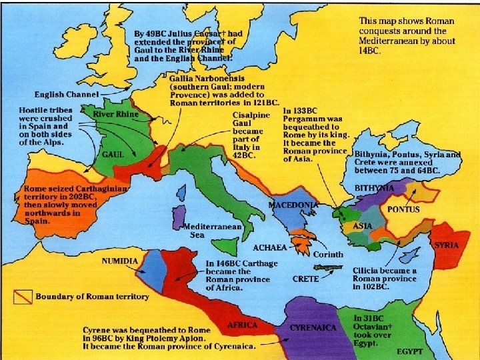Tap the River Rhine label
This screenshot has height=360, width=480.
[116, 115]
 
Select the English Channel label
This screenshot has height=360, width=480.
[65, 94]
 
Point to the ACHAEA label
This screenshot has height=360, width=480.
[270, 247]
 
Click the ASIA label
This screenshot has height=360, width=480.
[362, 226]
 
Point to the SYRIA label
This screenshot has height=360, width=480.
[447, 245]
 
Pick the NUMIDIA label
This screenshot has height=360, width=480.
[120, 261]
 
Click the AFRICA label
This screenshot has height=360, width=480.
[243, 325]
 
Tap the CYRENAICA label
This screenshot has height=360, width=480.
[312, 328]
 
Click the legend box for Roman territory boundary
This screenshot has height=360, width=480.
[25, 295]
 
